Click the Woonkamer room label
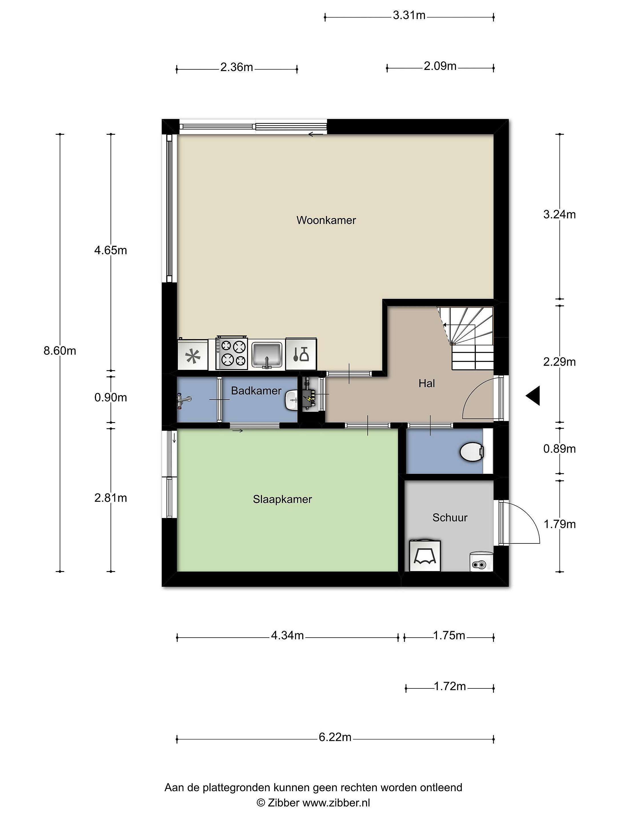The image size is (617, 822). pyautogui.click(x=326, y=220)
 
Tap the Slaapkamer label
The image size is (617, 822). pyautogui.click(x=282, y=499)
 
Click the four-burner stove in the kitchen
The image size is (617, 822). pyautogui.click(x=232, y=353)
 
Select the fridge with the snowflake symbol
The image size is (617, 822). pyautogui.click(x=193, y=355)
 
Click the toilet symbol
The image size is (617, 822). pyautogui.click(x=472, y=452)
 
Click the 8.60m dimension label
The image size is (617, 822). pyautogui.click(x=60, y=350)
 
